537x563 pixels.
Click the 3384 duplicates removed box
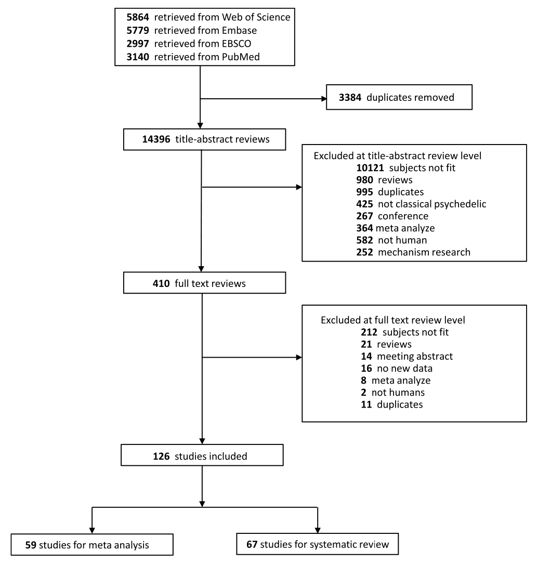click(399, 97)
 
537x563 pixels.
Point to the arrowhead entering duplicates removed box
click(322, 97)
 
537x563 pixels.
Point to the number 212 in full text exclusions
click(371, 332)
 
